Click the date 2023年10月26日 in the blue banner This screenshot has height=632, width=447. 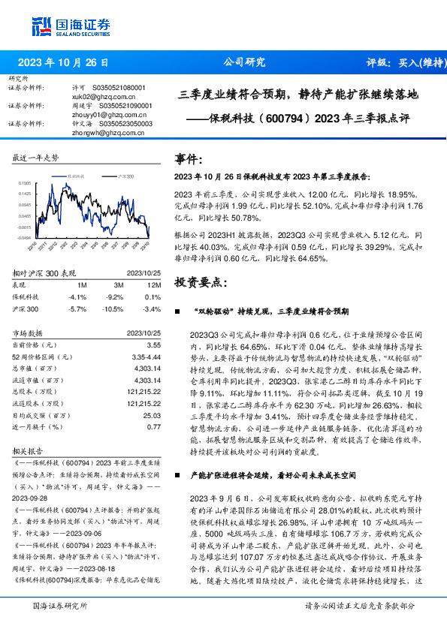63,63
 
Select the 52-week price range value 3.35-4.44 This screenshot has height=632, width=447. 146,357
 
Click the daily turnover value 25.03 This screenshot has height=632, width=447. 153,415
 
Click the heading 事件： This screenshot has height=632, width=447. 189,160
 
